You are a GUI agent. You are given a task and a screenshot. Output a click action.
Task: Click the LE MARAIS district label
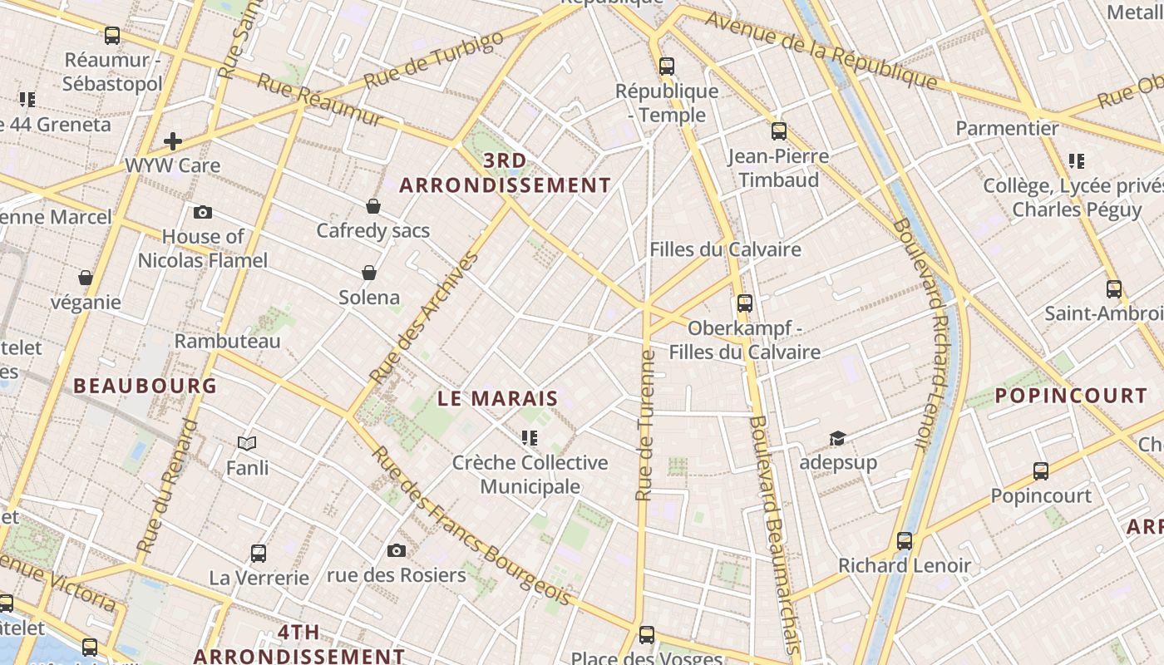[x=497, y=398]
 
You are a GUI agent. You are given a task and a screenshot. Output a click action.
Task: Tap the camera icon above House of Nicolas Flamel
[x=202, y=212]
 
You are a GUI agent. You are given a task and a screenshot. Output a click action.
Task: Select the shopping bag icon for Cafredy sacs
[x=373, y=205]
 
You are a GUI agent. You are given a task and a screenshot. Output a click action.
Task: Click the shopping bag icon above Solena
[x=369, y=272]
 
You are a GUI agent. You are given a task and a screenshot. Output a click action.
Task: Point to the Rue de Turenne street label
[x=645, y=426]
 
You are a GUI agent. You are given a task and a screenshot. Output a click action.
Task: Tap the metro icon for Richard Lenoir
[x=905, y=541]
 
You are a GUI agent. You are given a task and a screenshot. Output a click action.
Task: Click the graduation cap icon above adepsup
[x=837, y=438]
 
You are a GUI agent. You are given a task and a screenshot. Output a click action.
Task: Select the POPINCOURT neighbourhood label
[x=1071, y=396]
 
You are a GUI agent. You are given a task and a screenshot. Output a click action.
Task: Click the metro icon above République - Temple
[x=666, y=66]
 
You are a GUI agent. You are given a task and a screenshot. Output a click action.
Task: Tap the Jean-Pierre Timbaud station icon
[x=778, y=131]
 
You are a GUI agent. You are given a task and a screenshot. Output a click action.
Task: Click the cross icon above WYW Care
[x=173, y=140]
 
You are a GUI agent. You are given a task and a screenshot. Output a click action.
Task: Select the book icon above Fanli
[x=247, y=443]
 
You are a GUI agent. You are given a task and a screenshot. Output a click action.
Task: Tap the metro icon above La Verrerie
[x=259, y=553]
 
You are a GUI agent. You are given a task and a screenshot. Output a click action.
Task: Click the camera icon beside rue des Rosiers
[x=397, y=550]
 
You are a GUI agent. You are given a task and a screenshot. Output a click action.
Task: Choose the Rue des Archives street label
[x=425, y=318]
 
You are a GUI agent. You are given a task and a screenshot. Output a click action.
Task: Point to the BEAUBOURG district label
[x=145, y=386]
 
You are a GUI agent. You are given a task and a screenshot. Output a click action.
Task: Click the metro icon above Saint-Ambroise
[x=1114, y=288]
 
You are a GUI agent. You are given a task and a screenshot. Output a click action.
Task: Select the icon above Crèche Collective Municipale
[x=529, y=437]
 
